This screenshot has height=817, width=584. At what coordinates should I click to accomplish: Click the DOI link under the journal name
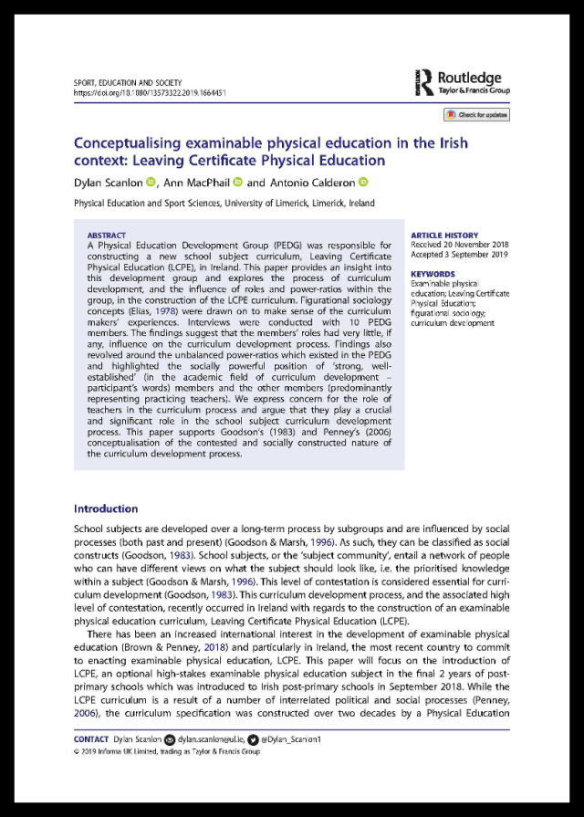tap(150, 92)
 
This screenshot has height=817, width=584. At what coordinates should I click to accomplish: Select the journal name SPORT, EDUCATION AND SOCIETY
tap(127, 82)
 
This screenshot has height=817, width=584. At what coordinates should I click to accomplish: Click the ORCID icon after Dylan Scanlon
tap(151, 183)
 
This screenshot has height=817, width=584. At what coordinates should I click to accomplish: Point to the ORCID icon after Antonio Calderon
tap(362, 183)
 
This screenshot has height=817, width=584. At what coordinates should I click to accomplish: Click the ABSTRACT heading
tap(107, 236)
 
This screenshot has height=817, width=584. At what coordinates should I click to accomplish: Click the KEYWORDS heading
tap(433, 274)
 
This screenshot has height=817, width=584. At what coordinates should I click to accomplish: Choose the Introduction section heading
tap(106, 508)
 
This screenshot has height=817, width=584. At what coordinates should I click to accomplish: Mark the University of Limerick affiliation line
tap(224, 204)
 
